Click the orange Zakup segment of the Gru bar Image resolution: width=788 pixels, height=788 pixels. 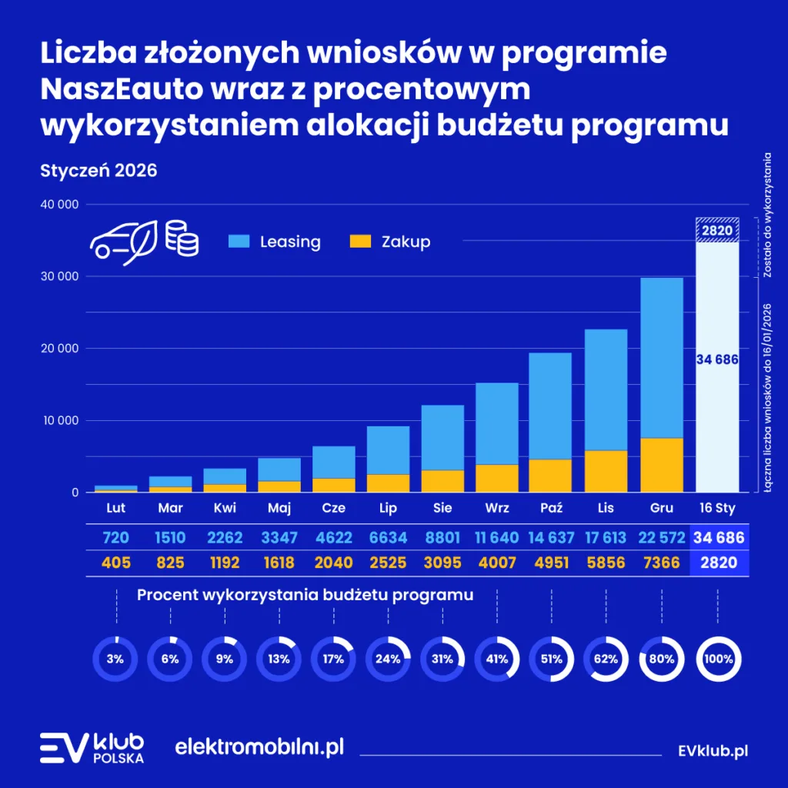coord(662,465)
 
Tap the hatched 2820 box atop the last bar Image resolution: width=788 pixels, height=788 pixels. coord(717,229)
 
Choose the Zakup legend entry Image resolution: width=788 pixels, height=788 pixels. coord(389,242)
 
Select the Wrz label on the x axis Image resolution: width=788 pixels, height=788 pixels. coord(497,509)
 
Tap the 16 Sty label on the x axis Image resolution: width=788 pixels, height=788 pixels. coord(717,509)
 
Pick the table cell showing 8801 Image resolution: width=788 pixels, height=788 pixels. coord(442,537)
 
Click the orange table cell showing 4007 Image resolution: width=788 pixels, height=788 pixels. coord(497,563)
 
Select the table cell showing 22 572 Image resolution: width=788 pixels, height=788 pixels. coord(662,537)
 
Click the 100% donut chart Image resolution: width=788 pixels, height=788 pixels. coord(717,659)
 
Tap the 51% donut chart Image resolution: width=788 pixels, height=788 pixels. coord(552,659)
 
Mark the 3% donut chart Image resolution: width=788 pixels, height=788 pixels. coord(115,659)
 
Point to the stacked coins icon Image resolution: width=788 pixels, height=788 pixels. coord(182,239)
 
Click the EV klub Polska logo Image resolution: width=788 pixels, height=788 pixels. coord(92,747)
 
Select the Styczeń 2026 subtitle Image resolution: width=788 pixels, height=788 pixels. coord(98,170)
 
